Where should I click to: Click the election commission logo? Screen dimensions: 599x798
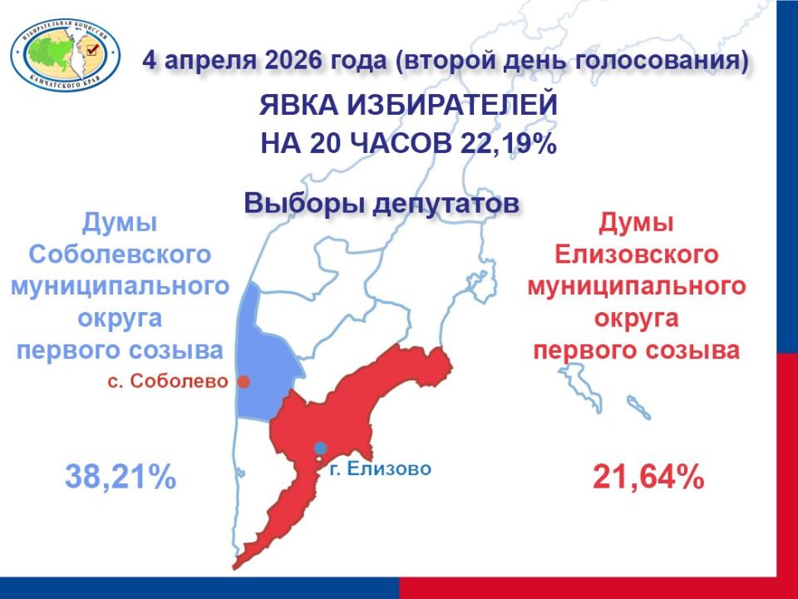pos(65,56)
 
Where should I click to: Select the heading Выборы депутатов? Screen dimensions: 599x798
pos(382,203)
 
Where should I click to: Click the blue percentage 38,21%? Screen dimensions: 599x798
pos(121,477)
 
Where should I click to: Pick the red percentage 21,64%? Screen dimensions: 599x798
pos(648,478)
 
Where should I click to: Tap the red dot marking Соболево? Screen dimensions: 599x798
pos(244,382)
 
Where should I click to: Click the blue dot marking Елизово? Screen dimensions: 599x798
pos(320,448)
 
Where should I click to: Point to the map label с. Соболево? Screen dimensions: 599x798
pos(168,382)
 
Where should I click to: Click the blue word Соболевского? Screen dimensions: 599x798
pos(121,254)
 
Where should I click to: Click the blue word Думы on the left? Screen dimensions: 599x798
pos(121,222)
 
